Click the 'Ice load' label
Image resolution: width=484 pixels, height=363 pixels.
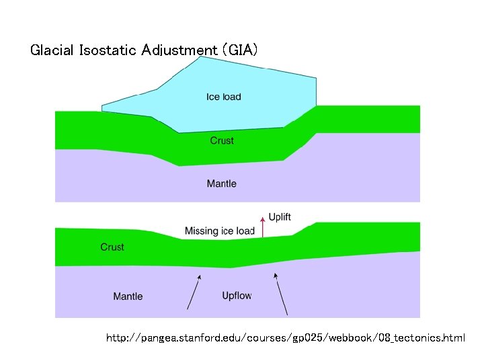[223, 97]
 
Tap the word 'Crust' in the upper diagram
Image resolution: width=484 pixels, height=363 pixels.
[222, 140]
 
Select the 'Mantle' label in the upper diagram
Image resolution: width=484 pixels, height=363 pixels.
[221, 184]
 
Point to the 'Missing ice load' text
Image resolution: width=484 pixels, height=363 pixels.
[220, 231]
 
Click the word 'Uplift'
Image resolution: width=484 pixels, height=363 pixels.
[280, 217]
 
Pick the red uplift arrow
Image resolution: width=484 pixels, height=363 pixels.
[262, 227]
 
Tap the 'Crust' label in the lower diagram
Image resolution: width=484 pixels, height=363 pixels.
[112, 247]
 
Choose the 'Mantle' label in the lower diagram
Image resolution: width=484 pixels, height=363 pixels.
[128, 296]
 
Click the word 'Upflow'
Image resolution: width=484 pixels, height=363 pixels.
[237, 296]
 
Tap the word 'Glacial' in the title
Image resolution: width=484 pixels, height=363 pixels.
[51, 50]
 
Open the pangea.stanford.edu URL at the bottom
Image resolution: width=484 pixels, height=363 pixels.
[285, 337]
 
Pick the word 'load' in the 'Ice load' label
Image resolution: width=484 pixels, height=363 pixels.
[231, 97]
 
